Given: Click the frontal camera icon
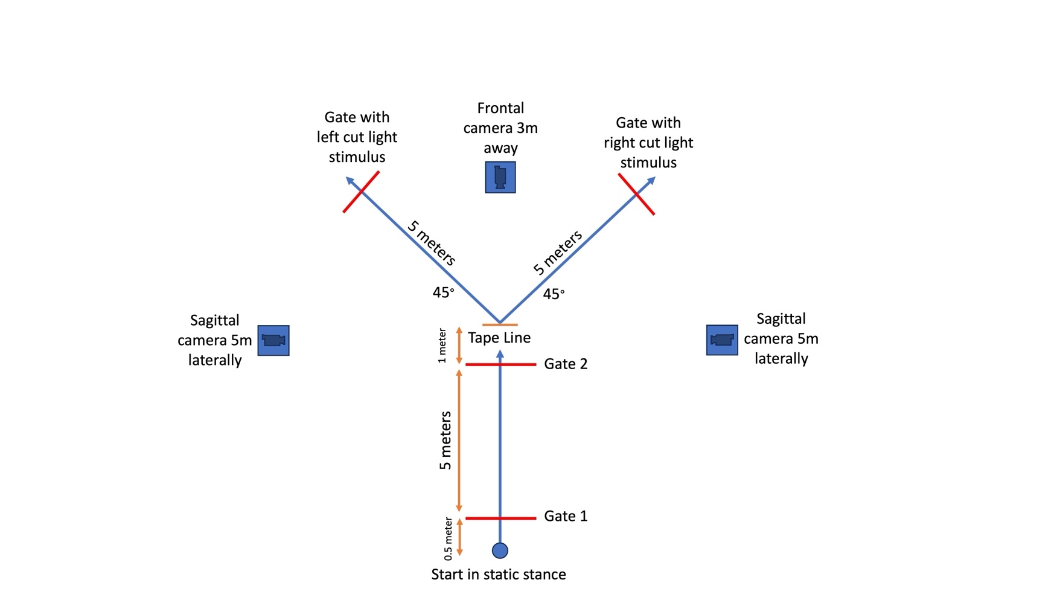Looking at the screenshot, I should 500,177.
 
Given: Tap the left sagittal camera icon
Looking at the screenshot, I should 273,340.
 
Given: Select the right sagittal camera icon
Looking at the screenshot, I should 722,340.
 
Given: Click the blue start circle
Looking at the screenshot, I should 500,550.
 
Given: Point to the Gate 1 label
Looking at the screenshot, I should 565,516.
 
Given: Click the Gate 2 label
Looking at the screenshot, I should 565,364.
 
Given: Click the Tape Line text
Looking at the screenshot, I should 499,338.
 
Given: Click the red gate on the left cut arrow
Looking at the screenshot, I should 361,192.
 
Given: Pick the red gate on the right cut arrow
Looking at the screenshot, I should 636,194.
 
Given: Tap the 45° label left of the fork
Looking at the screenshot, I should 443,292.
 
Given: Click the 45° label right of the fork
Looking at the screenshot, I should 554,294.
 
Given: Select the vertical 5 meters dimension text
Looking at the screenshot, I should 445,440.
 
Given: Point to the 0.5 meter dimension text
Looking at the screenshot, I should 448,538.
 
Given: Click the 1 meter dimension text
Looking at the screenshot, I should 442,346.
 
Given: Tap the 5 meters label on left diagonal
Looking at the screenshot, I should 431,244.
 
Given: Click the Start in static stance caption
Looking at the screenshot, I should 499,575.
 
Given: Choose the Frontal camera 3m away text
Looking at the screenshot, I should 500,128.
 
